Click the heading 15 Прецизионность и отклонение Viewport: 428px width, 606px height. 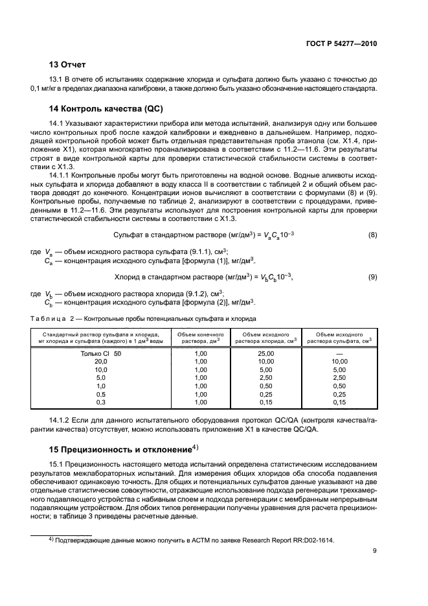coord(120,449)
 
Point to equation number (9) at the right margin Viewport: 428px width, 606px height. coord(372,277)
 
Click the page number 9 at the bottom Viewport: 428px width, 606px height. coord(375,552)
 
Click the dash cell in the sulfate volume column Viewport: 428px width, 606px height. coord(339,353)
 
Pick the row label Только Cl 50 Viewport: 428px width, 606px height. coord(100,353)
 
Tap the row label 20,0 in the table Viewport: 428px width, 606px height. coord(100,361)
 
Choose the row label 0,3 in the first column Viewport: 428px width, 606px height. coord(100,402)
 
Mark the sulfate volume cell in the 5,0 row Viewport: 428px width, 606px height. coord(339,377)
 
